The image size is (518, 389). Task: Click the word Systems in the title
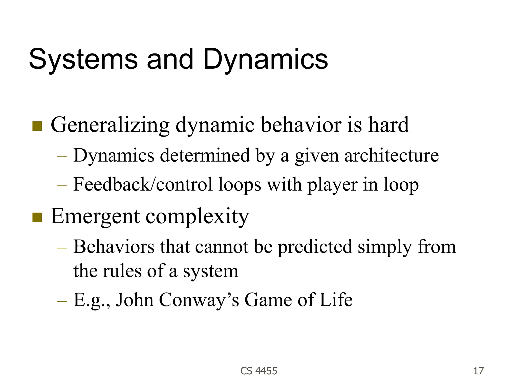83,60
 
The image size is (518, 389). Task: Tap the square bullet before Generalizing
37,126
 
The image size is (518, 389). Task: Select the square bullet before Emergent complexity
37,217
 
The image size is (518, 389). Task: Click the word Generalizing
110,125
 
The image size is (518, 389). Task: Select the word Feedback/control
143,185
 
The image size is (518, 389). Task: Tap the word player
332,185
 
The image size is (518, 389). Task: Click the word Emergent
95,217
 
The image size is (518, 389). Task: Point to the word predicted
315,247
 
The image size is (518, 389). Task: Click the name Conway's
199,300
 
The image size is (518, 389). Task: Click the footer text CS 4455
259,371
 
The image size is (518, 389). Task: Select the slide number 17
478,371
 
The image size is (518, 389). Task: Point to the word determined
205,155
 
